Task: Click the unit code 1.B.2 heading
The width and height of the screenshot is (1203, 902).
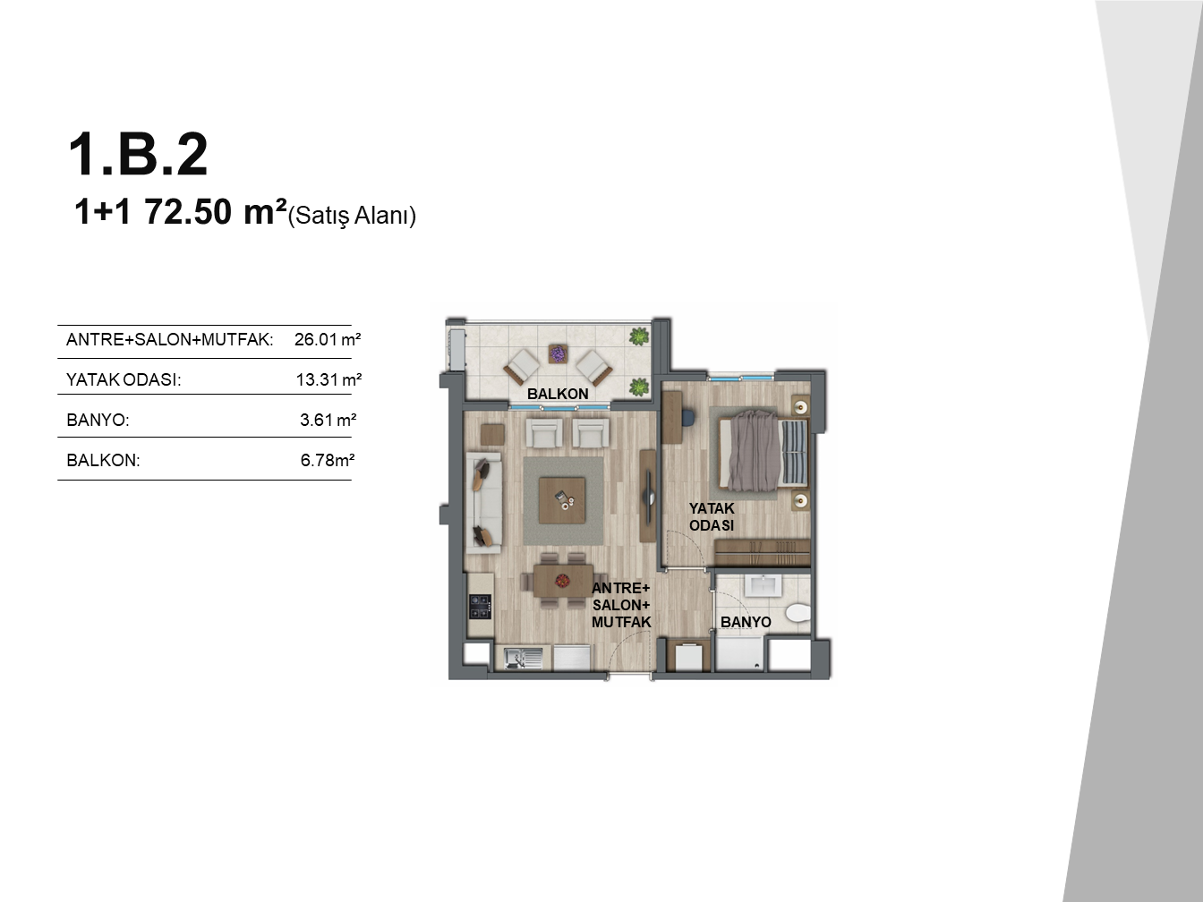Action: coord(138,155)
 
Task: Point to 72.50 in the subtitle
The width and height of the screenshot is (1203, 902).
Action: coord(188,212)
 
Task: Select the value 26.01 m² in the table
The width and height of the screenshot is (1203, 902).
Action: coord(328,339)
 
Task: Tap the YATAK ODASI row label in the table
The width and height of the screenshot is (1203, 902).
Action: coord(124,379)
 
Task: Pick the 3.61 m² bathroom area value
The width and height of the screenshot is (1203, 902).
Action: coord(328,420)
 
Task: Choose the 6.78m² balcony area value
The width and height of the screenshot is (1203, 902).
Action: coord(328,460)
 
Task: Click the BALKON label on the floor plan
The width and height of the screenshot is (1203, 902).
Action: coord(558,394)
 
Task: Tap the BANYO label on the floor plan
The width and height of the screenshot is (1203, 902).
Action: coord(746,622)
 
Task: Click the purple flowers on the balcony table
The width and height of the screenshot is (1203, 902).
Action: coord(558,353)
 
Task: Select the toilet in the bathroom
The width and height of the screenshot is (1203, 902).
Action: coord(797,612)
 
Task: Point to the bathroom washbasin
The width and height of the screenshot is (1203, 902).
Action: coord(763,585)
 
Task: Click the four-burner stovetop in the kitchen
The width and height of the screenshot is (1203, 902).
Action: coord(480,607)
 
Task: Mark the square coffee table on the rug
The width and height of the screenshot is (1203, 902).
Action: coord(562,500)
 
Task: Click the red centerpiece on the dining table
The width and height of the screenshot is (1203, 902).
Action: coord(562,580)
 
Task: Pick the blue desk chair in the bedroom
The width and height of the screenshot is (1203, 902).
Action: coord(687,418)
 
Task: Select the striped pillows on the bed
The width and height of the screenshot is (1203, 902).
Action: coord(794,452)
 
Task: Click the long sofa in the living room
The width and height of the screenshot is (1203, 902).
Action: coord(484,502)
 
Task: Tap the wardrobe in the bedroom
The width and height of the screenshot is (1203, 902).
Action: coord(763,552)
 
